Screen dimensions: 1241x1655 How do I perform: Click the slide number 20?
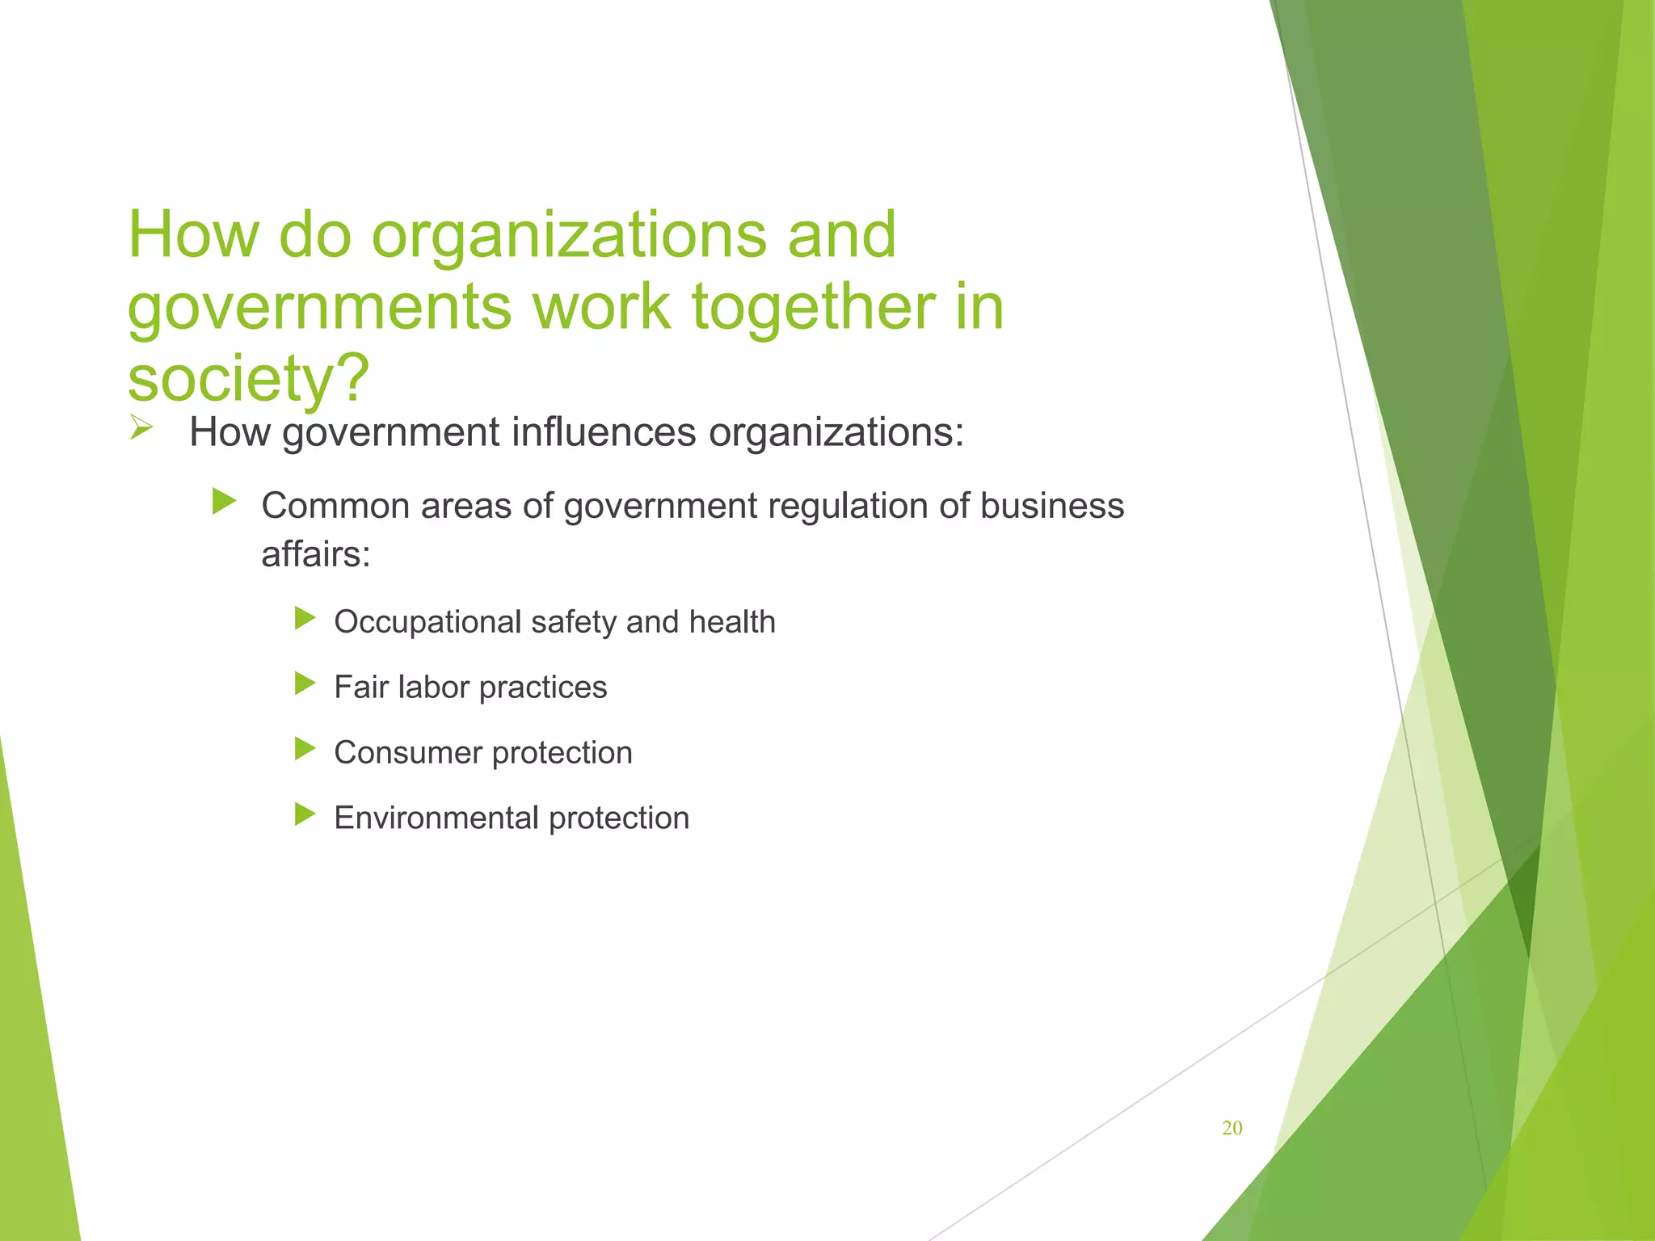click(x=1232, y=1128)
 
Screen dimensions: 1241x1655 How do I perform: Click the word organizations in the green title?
click(x=568, y=235)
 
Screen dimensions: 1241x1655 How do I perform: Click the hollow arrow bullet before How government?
click(x=141, y=427)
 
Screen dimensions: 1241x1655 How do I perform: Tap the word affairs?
click(x=316, y=554)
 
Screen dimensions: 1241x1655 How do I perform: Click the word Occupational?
click(x=427, y=622)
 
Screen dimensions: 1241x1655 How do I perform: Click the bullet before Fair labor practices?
click(x=305, y=684)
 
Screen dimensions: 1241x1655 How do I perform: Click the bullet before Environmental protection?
click(x=305, y=814)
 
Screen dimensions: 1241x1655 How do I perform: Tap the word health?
click(x=731, y=622)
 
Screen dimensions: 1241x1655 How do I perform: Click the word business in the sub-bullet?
click(x=1051, y=506)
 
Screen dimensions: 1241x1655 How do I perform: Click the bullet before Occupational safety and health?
click(x=305, y=619)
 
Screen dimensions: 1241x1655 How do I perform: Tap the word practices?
click(x=542, y=688)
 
